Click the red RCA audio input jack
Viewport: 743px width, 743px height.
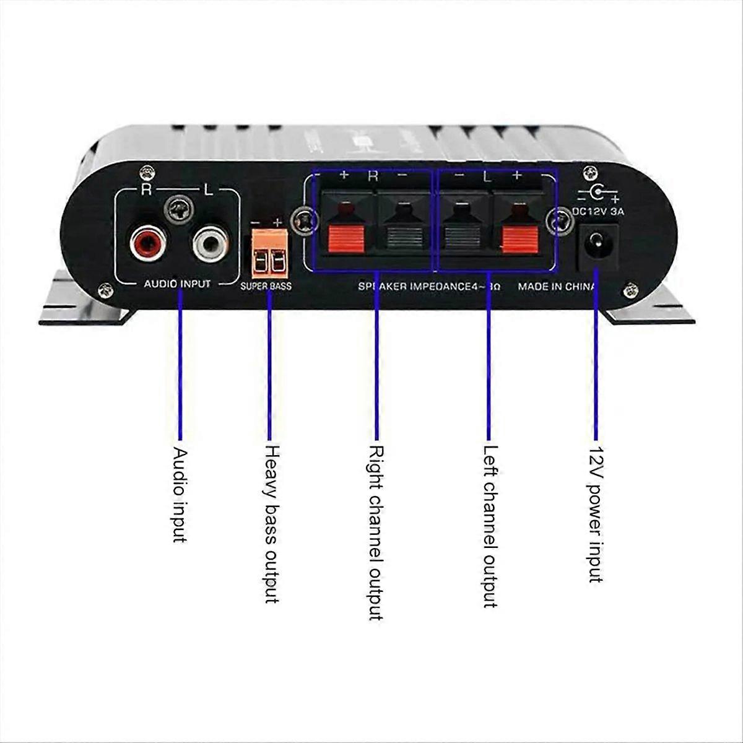pyautogui.click(x=145, y=242)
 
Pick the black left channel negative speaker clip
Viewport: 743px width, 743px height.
pyautogui.click(x=462, y=235)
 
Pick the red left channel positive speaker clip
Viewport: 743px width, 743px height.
pyautogui.click(x=519, y=235)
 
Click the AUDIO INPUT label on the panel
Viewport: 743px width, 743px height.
pyautogui.click(x=177, y=284)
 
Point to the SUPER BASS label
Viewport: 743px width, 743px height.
pyautogui.click(x=266, y=287)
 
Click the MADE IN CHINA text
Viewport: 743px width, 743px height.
pyautogui.click(x=556, y=287)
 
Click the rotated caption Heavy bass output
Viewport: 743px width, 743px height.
pyautogui.click(x=272, y=524)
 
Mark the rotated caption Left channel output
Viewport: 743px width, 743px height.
pyautogui.click(x=490, y=526)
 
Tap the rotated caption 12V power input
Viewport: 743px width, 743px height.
pyautogui.click(x=595, y=514)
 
